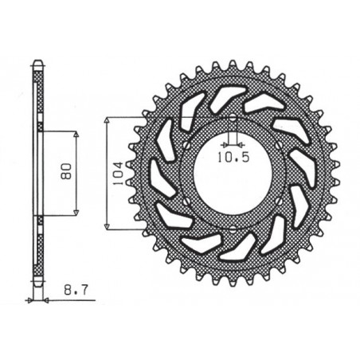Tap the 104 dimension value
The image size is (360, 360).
click(118, 171)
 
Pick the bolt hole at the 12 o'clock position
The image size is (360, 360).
click(231, 119)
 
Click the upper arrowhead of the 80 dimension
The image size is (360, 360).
click(76, 134)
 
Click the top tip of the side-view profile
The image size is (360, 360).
click(36, 64)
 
